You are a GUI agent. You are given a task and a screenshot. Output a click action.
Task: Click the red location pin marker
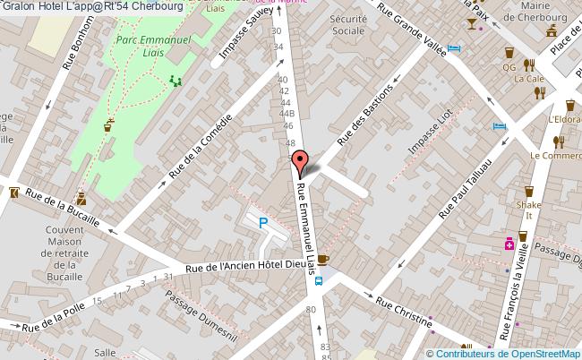299,161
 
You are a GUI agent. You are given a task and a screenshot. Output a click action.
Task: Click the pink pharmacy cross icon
509,243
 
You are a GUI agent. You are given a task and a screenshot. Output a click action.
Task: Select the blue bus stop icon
320,278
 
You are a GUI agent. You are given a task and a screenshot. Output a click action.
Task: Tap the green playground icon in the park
175,81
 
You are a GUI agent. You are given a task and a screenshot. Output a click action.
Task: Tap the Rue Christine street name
402,309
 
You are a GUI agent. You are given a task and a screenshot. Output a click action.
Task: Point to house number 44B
287,114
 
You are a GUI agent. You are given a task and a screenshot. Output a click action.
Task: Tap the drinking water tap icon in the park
109,124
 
